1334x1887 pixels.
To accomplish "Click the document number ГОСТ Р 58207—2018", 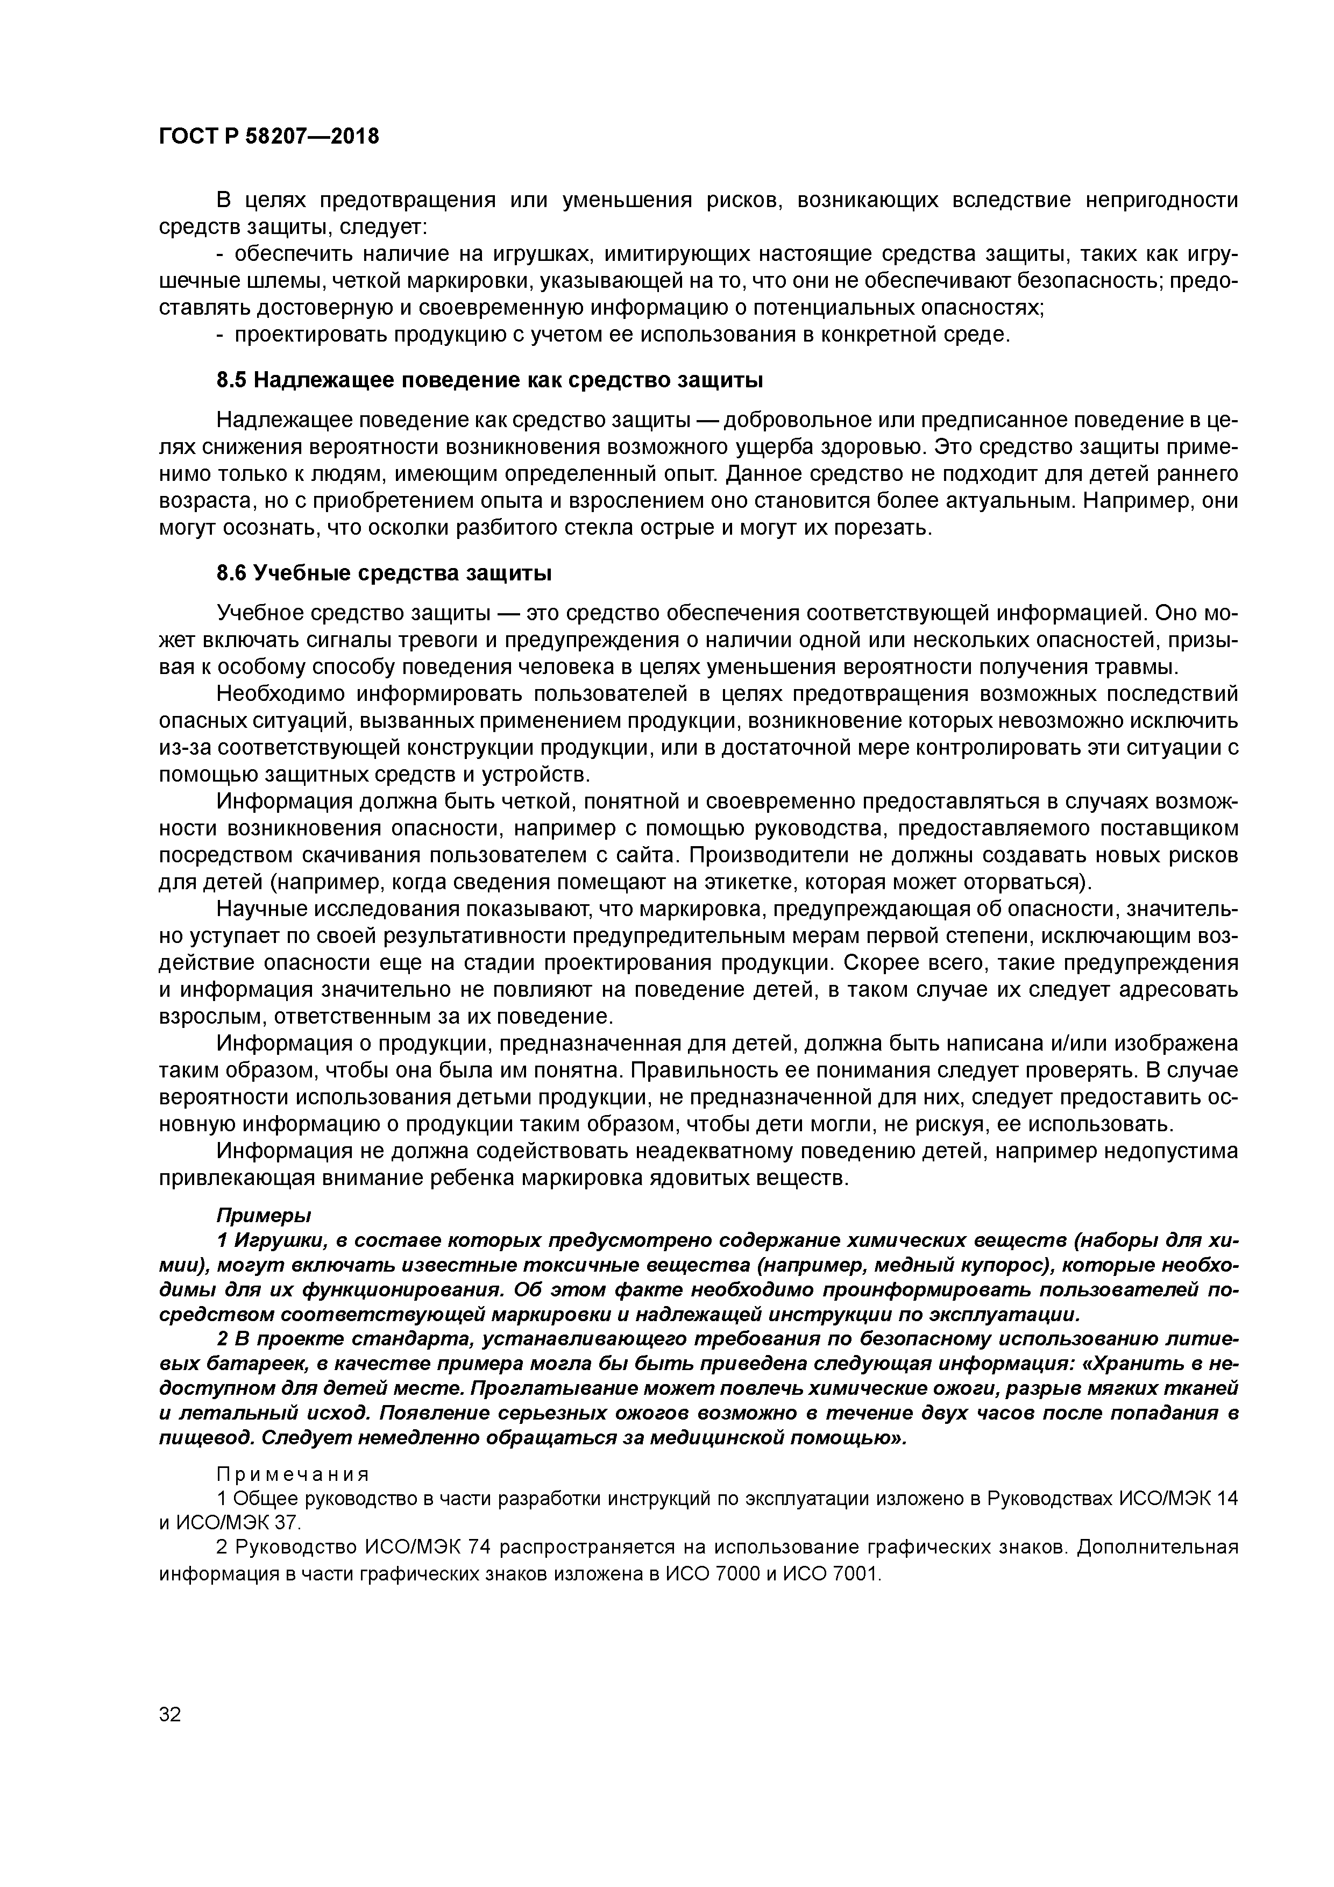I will tap(269, 136).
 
